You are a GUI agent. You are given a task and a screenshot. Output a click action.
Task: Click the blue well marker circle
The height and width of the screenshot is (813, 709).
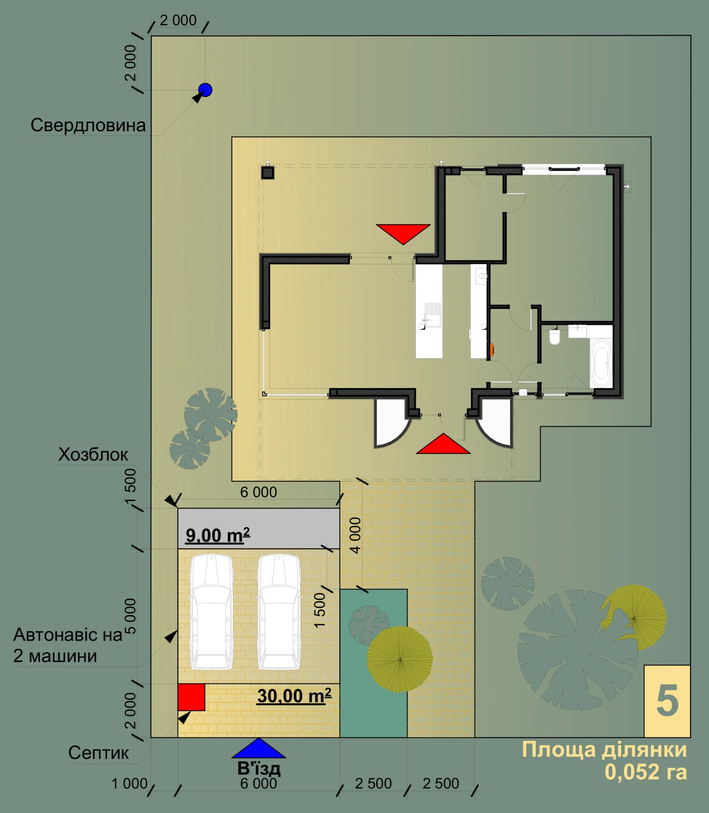coord(205,90)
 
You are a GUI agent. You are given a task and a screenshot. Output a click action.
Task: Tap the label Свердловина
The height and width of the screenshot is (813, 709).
coord(88,125)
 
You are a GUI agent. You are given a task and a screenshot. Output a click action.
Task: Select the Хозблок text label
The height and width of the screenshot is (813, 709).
coord(93,454)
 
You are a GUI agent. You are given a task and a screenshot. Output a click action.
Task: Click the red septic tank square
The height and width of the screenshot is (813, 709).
coord(191,697)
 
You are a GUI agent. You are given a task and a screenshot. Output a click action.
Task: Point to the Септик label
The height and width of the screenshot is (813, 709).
coord(98,752)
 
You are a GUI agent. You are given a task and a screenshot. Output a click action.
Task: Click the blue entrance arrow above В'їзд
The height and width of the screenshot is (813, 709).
coord(259,748)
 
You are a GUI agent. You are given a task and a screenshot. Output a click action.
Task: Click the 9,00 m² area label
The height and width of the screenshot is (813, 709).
coord(218,536)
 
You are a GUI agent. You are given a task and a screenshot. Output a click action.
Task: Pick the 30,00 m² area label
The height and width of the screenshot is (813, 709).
coord(294,696)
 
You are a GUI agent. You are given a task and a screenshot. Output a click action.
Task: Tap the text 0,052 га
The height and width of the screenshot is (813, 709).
coord(645,772)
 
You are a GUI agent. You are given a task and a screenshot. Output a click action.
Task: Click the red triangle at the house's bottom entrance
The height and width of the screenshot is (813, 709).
coord(443,444)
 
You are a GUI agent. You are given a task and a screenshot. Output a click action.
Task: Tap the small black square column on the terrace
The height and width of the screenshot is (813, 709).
coord(268,173)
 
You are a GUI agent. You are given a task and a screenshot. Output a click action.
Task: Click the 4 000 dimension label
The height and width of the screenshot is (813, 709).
coord(355,535)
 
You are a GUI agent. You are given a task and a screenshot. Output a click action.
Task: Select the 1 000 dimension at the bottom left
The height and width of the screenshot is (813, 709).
coord(129,784)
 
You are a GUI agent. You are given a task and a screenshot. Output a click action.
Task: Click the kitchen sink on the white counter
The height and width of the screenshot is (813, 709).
coord(433,315)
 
